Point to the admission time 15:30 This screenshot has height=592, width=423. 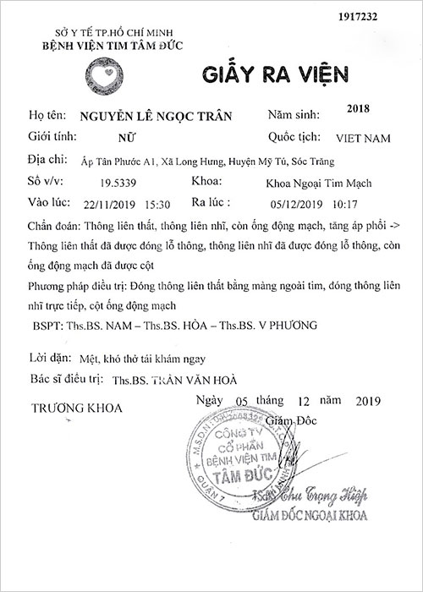point(157,203)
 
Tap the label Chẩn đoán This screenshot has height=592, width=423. point(53,226)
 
